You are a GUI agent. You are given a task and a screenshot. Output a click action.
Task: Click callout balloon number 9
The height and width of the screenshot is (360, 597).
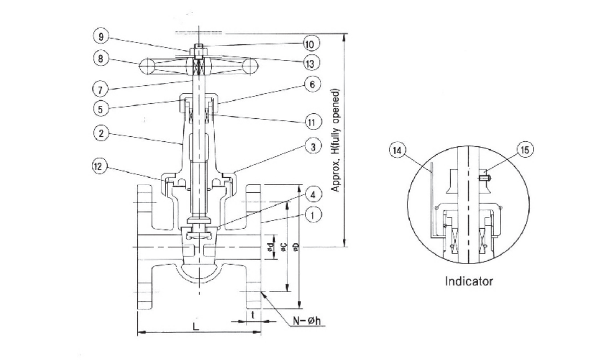click(x=101, y=36)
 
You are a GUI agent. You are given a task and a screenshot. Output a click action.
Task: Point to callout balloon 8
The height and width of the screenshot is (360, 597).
click(x=100, y=59)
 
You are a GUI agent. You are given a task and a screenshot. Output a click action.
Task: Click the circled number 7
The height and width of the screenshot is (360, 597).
click(x=100, y=90)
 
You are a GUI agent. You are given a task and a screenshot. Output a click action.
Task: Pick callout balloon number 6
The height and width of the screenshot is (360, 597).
click(x=312, y=84)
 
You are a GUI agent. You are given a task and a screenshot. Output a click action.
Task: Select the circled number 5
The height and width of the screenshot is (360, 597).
click(x=100, y=109)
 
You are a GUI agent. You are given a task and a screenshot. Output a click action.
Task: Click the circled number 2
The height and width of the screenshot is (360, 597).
click(x=101, y=133)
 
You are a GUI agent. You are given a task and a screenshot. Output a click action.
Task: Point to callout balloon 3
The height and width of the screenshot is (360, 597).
click(x=313, y=147)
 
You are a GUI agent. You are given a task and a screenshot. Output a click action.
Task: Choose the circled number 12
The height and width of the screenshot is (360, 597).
click(x=99, y=167)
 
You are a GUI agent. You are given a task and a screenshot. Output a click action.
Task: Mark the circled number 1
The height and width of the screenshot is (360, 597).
click(x=313, y=215)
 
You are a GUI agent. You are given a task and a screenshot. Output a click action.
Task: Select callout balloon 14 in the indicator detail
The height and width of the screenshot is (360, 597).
click(x=397, y=150)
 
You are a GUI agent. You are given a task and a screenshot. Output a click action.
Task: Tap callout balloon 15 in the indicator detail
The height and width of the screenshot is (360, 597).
click(x=525, y=149)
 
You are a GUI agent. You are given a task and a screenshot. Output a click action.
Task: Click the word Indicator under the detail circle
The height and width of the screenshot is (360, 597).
click(x=469, y=281)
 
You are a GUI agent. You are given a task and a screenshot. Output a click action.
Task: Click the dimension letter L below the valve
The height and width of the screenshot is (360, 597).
click(x=196, y=326)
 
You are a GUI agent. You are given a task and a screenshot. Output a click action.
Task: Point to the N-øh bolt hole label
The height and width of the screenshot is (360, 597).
click(x=307, y=321)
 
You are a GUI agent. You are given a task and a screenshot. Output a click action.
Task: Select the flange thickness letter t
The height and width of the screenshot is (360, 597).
click(x=252, y=315)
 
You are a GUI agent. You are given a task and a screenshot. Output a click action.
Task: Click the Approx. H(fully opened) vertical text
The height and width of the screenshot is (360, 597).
click(x=335, y=140)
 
